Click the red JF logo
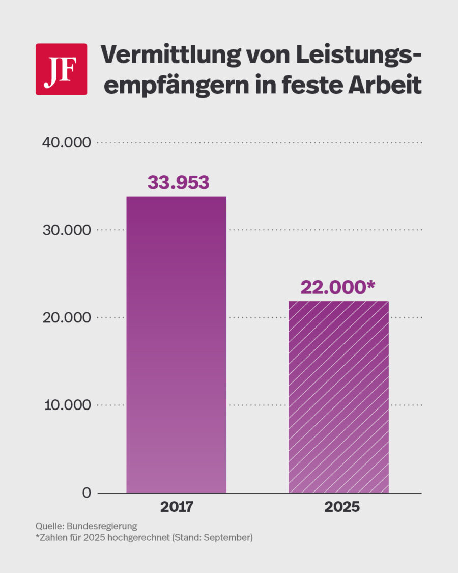pyautogui.click(x=61, y=69)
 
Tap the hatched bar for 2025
pyautogui.click(x=338, y=397)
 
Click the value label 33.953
pyautogui.click(x=178, y=182)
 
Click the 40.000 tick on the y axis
pyautogui.click(x=66, y=143)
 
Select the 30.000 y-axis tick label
pyautogui.click(x=66, y=230)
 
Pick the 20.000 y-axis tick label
pyautogui.click(x=66, y=318)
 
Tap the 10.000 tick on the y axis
pyautogui.click(x=66, y=405)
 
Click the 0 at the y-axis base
pyautogui.click(x=86, y=493)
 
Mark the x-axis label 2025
pyautogui.click(x=338, y=508)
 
